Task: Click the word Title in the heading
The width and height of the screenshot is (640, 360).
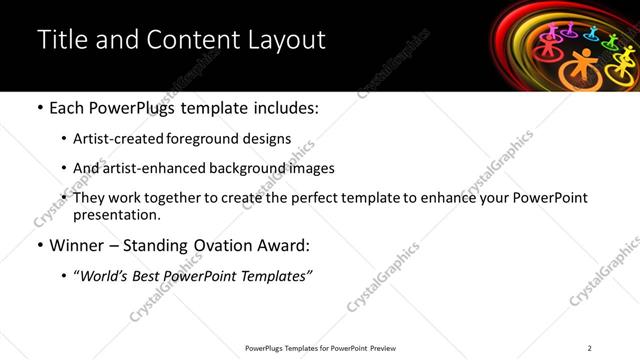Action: (x=60, y=40)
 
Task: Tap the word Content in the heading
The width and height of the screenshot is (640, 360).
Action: (x=191, y=40)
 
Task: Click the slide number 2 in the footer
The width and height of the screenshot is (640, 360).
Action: (x=589, y=348)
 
